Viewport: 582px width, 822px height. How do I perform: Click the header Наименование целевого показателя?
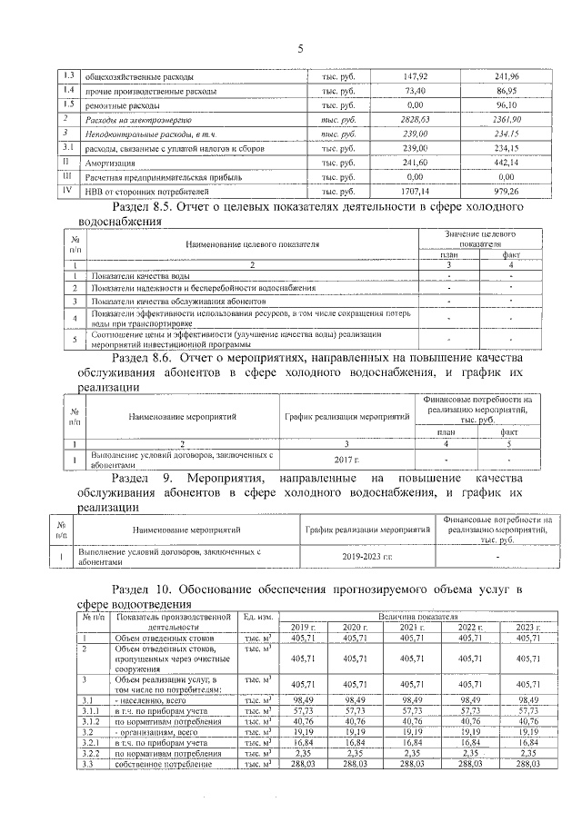click(x=253, y=244)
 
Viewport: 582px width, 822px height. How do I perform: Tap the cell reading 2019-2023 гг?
click(x=367, y=555)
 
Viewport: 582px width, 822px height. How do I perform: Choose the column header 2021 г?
click(x=412, y=628)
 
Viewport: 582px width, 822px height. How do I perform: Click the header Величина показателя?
click(x=412, y=616)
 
